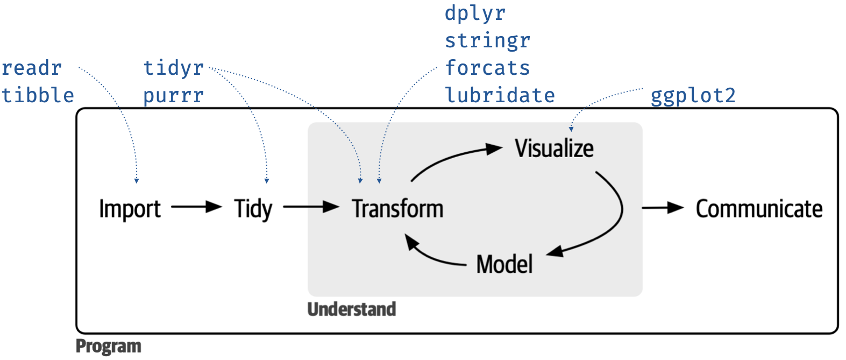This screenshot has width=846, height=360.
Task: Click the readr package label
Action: (x=32, y=68)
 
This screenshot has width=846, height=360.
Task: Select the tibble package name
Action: (x=38, y=95)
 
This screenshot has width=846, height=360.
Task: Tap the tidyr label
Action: (x=174, y=68)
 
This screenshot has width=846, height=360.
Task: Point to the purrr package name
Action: (x=174, y=96)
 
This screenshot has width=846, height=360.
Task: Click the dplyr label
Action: (x=475, y=13)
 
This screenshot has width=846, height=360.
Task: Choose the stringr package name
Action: (x=487, y=41)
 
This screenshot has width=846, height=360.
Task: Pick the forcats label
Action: (x=487, y=68)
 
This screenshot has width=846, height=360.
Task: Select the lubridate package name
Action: (x=500, y=95)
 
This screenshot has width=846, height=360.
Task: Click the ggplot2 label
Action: (x=693, y=96)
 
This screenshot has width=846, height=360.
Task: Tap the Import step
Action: (x=130, y=209)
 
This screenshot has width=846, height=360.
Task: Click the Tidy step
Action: (x=253, y=209)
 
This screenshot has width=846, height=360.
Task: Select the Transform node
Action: (x=397, y=209)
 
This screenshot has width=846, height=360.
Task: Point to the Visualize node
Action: (x=554, y=149)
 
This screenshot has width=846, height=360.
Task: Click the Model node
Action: (x=504, y=264)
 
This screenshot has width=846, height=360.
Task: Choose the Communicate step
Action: (x=759, y=209)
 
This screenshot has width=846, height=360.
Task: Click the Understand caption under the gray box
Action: (x=351, y=309)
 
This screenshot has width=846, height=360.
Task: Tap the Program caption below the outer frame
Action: (x=108, y=347)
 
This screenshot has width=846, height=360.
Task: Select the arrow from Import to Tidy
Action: (x=196, y=207)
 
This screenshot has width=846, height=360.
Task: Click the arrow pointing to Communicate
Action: (x=662, y=208)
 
